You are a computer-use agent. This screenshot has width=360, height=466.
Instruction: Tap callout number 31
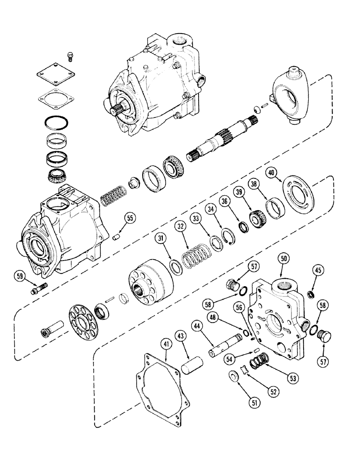point(161,239)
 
